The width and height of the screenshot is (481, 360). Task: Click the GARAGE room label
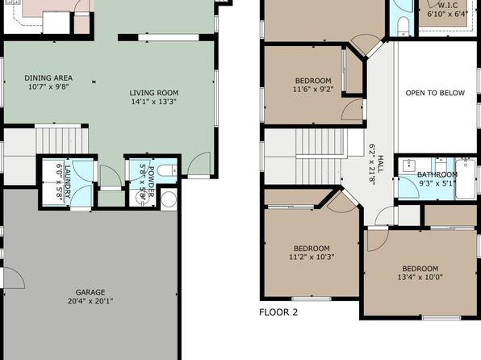coord(90,292)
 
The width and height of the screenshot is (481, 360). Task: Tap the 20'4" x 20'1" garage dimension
coord(90,301)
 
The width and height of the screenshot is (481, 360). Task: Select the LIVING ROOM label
coord(153,93)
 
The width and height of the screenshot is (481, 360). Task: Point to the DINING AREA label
coord(48,78)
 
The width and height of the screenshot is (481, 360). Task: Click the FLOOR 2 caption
coord(278,312)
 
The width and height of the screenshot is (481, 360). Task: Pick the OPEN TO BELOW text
coord(435,93)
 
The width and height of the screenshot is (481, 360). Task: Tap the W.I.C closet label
coord(448,6)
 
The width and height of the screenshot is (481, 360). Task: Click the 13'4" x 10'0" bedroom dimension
coord(420,278)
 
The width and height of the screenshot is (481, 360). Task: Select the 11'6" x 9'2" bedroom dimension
coord(313,90)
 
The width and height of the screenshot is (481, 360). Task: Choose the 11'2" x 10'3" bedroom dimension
coord(312,257)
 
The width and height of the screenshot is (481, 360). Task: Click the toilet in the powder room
coord(167,170)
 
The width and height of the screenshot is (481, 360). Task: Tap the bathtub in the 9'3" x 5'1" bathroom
coord(466,178)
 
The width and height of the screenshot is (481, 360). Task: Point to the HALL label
coord(380,164)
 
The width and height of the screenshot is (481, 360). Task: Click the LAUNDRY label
coord(68,182)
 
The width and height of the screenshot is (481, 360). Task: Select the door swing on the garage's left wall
coord(14,278)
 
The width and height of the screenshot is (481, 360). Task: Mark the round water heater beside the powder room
coord(169,199)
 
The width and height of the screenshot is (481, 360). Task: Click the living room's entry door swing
coord(199,164)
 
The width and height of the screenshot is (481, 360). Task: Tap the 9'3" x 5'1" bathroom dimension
coord(437,183)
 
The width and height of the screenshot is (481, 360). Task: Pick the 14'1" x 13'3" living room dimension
coord(153,102)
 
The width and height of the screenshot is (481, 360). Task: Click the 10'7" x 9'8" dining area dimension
coord(48,87)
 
